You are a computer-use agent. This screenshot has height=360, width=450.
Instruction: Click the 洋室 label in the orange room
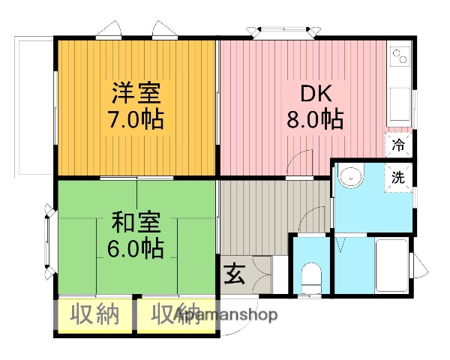point(136,95)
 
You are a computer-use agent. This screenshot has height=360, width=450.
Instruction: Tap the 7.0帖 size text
point(136,120)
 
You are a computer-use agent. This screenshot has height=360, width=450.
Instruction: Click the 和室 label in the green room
point(136,223)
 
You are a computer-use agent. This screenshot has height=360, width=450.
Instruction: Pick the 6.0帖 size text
point(136,247)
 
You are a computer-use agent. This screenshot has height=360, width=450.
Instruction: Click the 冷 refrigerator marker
point(399,143)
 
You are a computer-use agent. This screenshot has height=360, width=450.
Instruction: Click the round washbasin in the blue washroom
point(349,178)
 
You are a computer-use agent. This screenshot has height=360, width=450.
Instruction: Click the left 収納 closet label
point(95,315)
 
